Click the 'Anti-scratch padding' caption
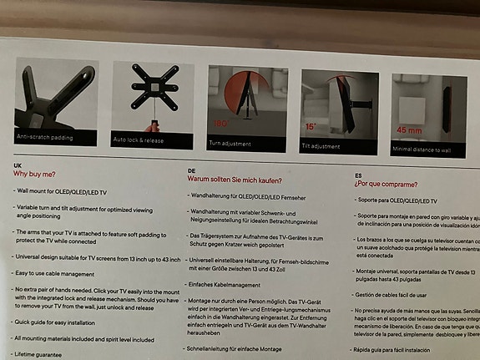point(43,135)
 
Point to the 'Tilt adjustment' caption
point(321,146)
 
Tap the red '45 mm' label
point(409,131)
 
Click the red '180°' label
point(220,124)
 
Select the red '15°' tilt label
point(311,128)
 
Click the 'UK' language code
point(18,165)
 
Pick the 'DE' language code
point(191,170)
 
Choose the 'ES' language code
point(359,175)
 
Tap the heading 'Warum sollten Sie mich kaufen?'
point(235,180)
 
